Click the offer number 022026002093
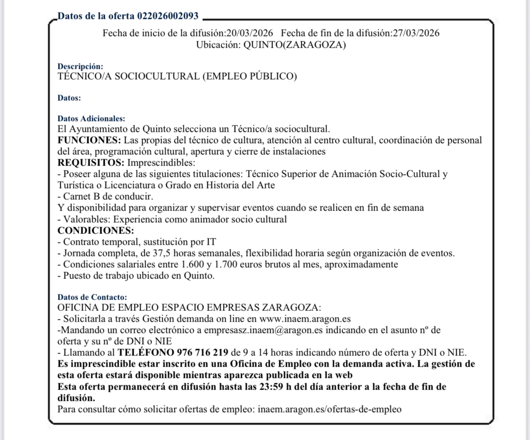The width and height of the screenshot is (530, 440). (168, 16)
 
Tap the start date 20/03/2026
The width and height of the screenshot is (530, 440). (249, 33)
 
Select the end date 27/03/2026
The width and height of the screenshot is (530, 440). (416, 33)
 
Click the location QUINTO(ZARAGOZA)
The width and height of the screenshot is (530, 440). (294, 45)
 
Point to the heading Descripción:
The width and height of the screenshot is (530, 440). (80, 67)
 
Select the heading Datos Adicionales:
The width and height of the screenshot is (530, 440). (91, 119)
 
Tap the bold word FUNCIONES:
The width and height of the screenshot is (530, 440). (89, 140)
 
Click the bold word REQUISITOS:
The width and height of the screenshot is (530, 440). (91, 162)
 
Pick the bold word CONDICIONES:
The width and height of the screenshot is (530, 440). (96, 231)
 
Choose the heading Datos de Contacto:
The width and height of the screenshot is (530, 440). (92, 297)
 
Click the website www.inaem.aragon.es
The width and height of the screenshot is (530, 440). (305, 319)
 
